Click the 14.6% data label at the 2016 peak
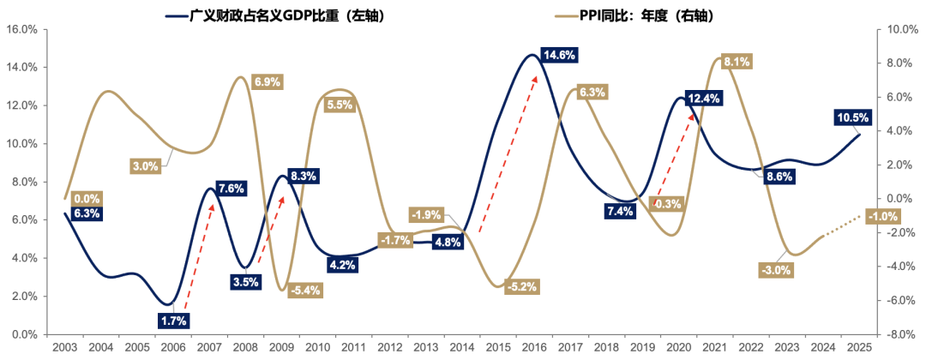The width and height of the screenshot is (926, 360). click(x=559, y=55)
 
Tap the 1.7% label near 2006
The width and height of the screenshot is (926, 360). click(x=174, y=320)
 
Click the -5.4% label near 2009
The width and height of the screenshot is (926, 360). click(x=304, y=290)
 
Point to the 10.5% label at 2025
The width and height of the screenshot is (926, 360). click(x=853, y=117)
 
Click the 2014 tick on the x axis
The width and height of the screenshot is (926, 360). click(x=457, y=349)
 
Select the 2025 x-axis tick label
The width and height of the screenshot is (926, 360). click(x=860, y=349)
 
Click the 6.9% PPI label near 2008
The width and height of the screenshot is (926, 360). click(x=265, y=82)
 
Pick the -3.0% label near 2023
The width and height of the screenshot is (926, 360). click(x=776, y=270)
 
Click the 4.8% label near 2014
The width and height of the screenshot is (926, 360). click(x=448, y=243)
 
